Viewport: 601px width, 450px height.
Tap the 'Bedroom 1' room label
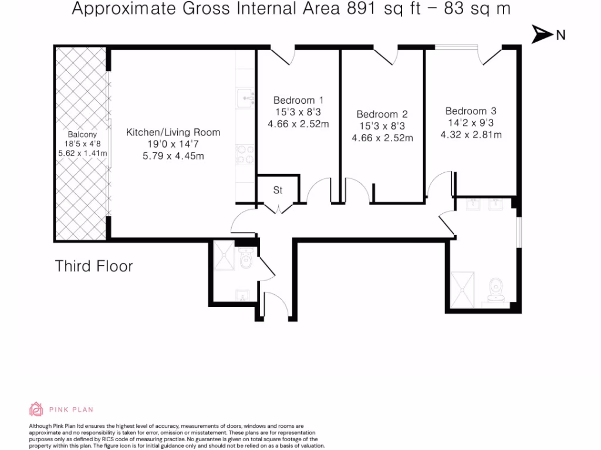tap(298, 100)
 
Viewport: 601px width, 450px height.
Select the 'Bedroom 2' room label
tap(382, 114)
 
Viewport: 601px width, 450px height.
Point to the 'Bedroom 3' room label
tap(471, 111)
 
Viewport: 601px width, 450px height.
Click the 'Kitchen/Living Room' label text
tap(173, 132)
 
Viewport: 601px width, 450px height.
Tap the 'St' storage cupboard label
tap(278, 190)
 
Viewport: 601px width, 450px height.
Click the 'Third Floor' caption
tap(94, 266)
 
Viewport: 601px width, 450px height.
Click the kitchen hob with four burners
tap(245, 154)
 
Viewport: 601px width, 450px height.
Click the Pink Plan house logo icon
tap(36, 409)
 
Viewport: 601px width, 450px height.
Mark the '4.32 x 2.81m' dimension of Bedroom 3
tap(472, 135)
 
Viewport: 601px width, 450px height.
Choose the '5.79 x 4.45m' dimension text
tap(173, 156)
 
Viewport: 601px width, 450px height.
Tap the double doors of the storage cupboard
tap(278, 207)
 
